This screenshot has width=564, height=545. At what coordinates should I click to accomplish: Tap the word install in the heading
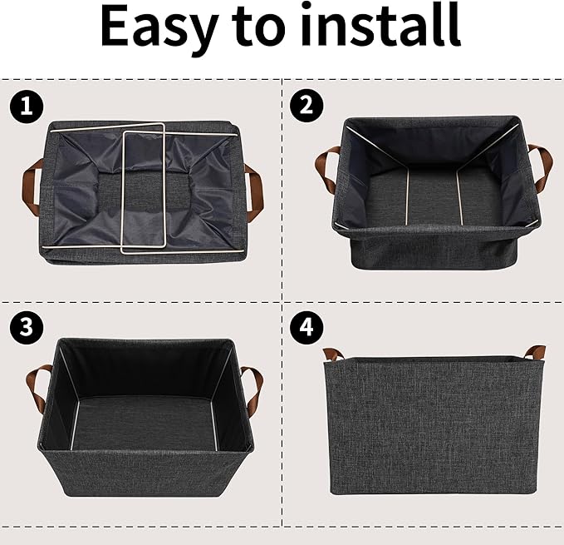[x=390, y=27]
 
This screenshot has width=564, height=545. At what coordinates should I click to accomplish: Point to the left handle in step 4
[x=332, y=353]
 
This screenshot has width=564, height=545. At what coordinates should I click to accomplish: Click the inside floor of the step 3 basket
[x=145, y=421]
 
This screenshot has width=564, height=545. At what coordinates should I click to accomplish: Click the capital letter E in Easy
[x=116, y=27]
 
